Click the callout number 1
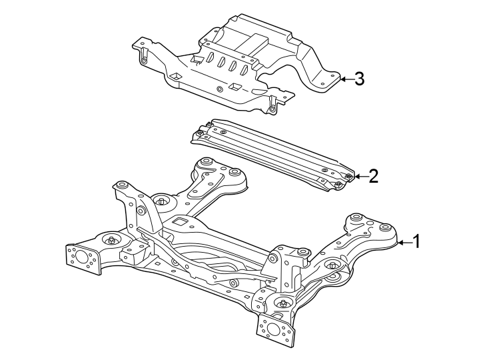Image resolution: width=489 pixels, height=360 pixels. click(x=416, y=242)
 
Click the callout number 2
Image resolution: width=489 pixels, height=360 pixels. click(x=373, y=176)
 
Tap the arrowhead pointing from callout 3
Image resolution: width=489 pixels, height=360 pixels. click(x=341, y=79)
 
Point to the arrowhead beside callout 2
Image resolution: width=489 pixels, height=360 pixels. click(x=356, y=176)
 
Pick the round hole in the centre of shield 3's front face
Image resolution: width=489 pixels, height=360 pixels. click(x=221, y=89)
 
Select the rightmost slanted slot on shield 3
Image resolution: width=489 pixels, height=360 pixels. click(x=244, y=69)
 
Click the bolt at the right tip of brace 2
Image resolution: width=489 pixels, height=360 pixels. click(x=348, y=176)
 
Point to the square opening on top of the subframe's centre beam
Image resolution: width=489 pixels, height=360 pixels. click(x=179, y=221)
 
